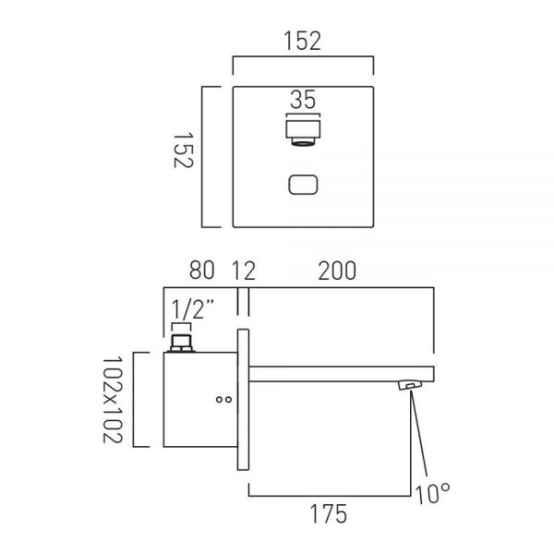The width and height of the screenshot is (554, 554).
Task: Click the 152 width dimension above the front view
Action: [x=302, y=42]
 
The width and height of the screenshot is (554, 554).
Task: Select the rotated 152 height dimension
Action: [x=183, y=158]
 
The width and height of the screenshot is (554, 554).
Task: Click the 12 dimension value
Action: [x=243, y=271]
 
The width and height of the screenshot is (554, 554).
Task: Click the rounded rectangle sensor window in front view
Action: [x=303, y=186]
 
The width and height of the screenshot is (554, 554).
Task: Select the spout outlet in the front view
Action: [x=302, y=132]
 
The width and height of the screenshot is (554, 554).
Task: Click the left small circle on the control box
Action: [x=218, y=400]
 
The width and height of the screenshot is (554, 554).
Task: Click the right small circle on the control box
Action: [x=228, y=400]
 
